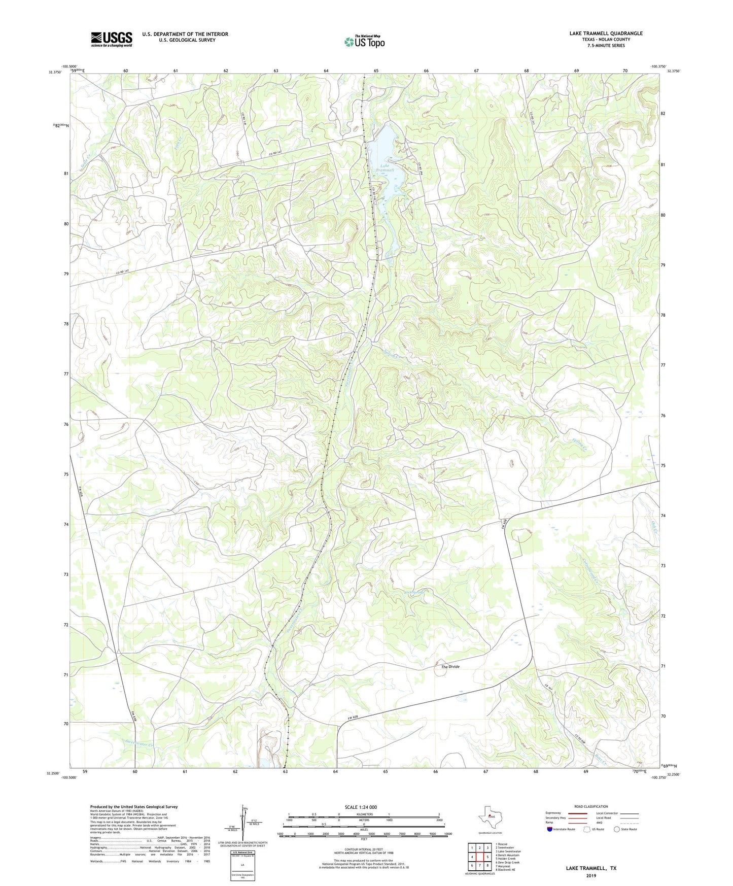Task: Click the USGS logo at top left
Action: [x=111, y=39]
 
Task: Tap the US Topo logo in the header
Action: [x=364, y=42]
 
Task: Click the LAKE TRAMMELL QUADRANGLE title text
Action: [x=606, y=33]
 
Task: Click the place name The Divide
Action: [x=450, y=667]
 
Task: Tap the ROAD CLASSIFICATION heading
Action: [x=591, y=806]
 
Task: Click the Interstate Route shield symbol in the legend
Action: [x=550, y=829]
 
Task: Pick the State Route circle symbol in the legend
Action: [x=617, y=829]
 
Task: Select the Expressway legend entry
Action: [x=553, y=813]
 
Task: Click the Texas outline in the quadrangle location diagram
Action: [x=490, y=817]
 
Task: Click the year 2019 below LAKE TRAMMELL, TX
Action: [x=591, y=876]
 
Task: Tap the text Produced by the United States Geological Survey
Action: [x=134, y=807]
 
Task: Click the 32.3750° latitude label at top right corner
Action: [x=673, y=72]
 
